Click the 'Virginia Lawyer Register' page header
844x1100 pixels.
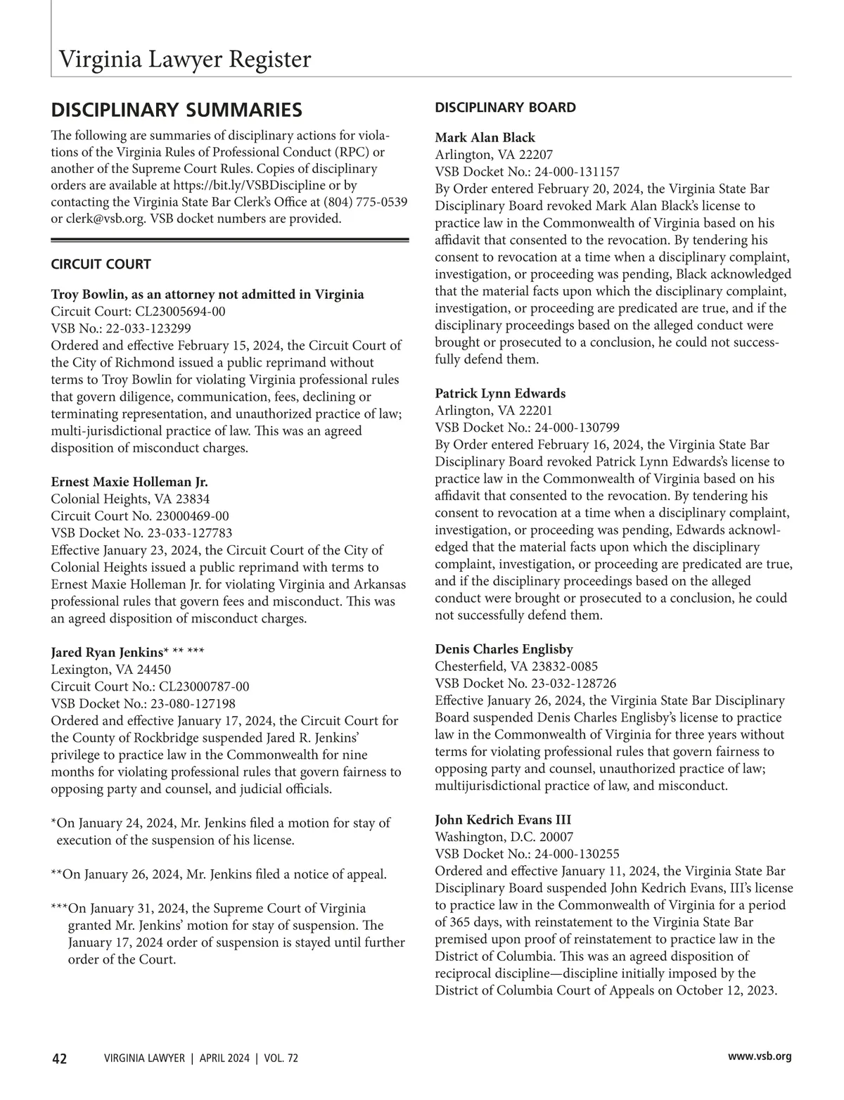pos(184,60)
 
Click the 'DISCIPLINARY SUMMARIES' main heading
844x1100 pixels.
pos(177,110)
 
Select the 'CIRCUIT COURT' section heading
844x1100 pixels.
pos(101,264)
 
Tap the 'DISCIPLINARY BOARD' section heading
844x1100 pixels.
pos(505,108)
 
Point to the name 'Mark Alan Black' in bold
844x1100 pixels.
pos(485,138)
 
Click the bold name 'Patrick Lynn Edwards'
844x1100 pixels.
pos(500,393)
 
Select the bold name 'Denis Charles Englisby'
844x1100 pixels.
pos(504,649)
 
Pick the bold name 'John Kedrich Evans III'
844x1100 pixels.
pos(503,820)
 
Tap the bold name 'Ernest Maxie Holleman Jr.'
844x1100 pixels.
pos(129,482)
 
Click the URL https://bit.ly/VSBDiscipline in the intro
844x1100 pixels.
pos(249,186)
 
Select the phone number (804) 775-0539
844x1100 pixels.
pos(365,203)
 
